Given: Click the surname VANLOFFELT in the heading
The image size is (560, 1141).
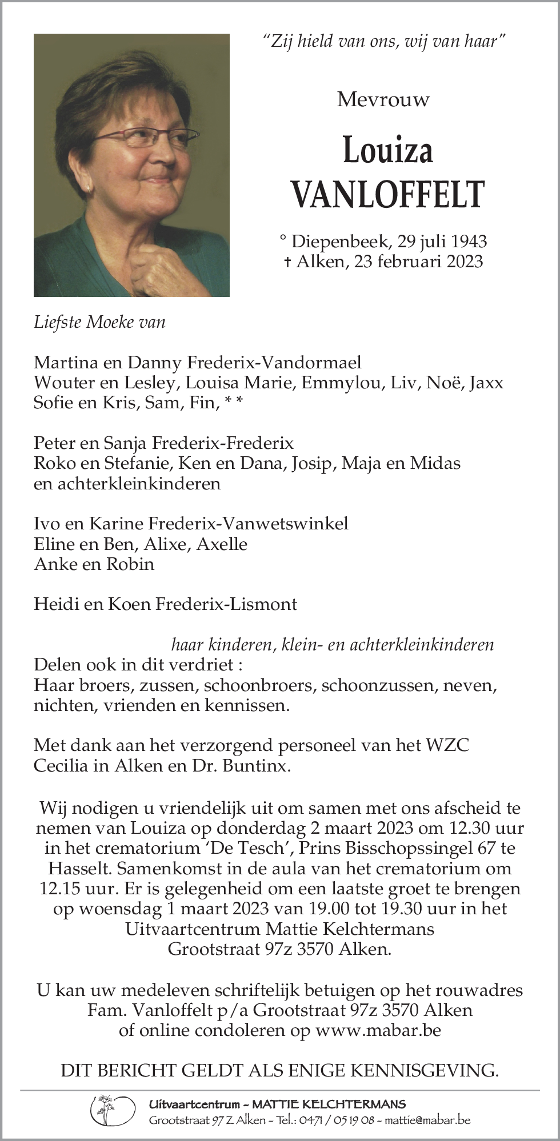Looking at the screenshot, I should pyautogui.click(x=388, y=194).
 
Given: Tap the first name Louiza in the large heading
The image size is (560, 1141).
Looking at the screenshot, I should pyautogui.click(x=387, y=150).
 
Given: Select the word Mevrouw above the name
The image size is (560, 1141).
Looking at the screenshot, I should pyautogui.click(x=383, y=100).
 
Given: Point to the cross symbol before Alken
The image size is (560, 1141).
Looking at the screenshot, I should pyautogui.click(x=286, y=262).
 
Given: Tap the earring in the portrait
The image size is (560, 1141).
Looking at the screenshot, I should pyautogui.click(x=89, y=187).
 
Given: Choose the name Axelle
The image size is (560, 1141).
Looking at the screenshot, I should pyautogui.click(x=222, y=544).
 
